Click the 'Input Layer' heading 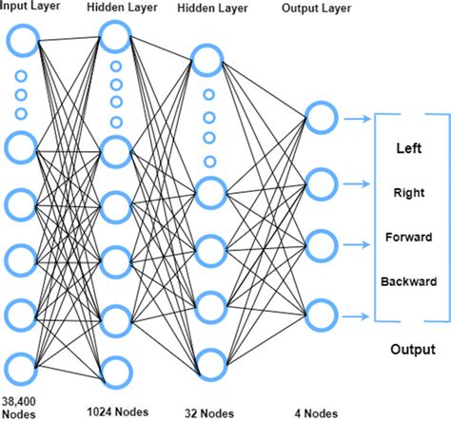click(34, 8)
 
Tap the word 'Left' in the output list click(408, 149)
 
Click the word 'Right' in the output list click(408, 193)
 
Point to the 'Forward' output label click(408, 237)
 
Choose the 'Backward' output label click(408, 281)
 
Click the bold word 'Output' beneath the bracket click(412, 350)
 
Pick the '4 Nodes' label click(315, 413)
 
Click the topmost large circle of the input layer click(23, 41)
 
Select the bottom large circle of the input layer click(23, 367)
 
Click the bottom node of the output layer click(321, 311)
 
